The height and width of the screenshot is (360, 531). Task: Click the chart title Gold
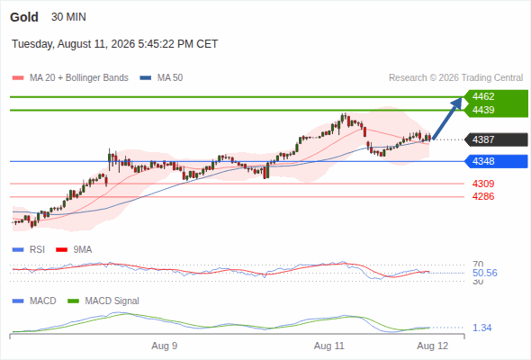[24, 17]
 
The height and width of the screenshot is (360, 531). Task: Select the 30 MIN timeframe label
[68, 17]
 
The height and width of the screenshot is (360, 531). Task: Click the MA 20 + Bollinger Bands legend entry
[70, 78]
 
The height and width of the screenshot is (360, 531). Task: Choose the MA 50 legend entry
[161, 78]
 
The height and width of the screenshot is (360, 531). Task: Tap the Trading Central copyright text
[455, 78]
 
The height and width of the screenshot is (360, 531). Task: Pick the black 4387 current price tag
[497, 139]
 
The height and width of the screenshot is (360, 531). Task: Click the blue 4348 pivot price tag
[497, 161]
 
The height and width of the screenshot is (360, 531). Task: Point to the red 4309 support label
[483, 184]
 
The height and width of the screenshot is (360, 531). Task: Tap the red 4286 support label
[483, 196]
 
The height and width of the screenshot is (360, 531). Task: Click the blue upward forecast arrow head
[458, 102]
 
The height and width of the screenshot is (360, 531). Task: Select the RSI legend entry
[29, 249]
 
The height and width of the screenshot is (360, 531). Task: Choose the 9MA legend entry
[74, 249]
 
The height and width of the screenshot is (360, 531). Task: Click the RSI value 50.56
[485, 273]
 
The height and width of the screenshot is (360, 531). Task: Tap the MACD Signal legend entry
[103, 301]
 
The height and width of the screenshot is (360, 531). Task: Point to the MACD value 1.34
[482, 328]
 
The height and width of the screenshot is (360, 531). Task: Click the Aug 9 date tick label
[164, 346]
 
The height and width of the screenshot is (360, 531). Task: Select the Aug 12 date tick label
[433, 346]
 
